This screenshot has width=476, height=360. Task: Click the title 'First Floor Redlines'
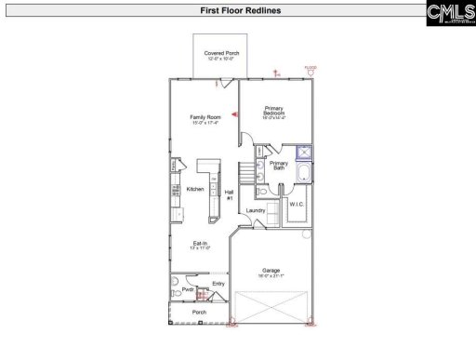pyautogui.click(x=238, y=12)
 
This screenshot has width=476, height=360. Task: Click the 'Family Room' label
pyautogui.click(x=203, y=119)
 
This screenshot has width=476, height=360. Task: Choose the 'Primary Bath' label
pyautogui.click(x=279, y=168)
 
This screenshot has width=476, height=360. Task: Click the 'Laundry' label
pyautogui.click(x=256, y=211)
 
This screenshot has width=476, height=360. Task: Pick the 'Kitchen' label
pyautogui.click(x=195, y=190)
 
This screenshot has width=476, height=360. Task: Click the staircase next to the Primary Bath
pyautogui.click(x=246, y=173)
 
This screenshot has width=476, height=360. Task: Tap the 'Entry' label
pyautogui.click(x=218, y=284)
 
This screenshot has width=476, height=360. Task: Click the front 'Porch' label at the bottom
pyautogui.click(x=199, y=313)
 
